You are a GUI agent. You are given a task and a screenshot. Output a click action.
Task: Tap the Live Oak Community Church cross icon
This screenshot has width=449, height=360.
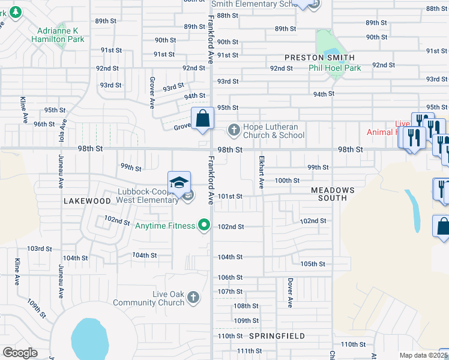193,297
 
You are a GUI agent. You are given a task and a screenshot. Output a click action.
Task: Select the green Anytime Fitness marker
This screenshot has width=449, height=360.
204,226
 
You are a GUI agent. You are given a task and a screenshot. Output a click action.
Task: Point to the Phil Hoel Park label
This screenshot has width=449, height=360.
335,68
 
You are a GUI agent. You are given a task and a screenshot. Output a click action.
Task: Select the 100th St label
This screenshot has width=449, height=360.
287,181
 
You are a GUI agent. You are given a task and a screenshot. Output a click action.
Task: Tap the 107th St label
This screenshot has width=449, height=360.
230,292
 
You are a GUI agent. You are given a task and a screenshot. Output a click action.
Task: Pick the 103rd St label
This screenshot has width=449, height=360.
39,248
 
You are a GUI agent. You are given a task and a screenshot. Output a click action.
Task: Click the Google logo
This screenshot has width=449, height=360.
20,353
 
